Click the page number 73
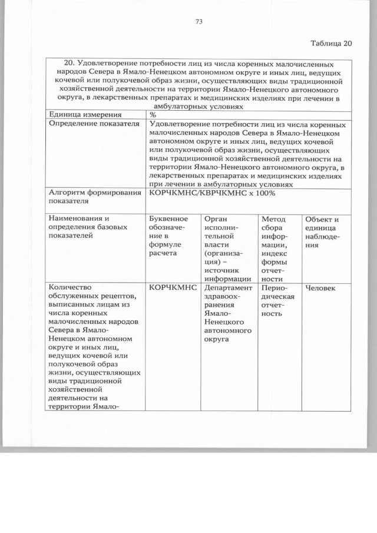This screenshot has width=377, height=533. (199, 22)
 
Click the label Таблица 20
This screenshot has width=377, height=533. (330, 44)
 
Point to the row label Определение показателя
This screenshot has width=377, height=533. (94, 124)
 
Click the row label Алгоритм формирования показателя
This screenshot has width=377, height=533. (94, 196)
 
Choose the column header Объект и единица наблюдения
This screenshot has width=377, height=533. (321, 232)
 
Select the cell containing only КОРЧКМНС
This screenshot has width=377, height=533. (172, 288)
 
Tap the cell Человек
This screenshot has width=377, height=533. (320, 288)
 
